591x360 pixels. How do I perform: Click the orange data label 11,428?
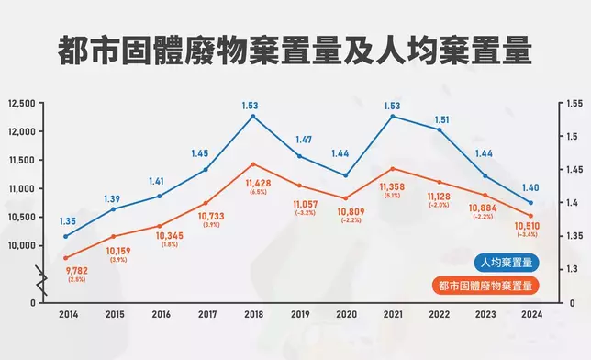[x=253, y=184]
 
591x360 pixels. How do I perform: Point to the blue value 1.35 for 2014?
[x=66, y=221]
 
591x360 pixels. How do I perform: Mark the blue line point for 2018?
[x=253, y=116]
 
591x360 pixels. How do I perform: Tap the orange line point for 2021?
[x=392, y=169]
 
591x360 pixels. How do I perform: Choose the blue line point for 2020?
[x=346, y=175]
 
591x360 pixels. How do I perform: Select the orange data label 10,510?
[x=530, y=226]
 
